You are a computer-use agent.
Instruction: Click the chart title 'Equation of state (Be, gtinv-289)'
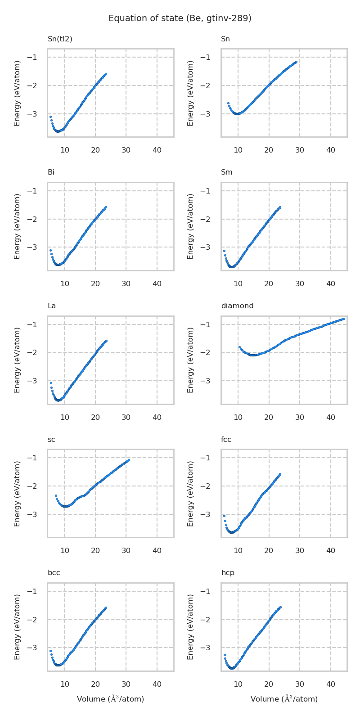pos(180,18)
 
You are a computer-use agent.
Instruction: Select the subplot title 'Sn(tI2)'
pos(60,39)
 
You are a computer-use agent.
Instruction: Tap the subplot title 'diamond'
pos(237,306)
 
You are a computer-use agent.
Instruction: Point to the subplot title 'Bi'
pos(51,172)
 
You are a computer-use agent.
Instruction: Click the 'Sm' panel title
pos(226,172)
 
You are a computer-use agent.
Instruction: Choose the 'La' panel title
pos(52,306)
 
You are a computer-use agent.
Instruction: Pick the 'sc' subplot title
pos(51,440)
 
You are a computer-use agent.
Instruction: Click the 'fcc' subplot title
pos(226,440)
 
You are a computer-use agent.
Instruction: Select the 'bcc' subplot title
pos(54,573)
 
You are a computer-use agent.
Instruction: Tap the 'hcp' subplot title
pos(227,573)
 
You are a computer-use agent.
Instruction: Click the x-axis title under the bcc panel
pos(110,699)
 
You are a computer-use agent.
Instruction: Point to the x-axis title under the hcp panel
pos(284,699)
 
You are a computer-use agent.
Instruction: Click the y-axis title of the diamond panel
pos(191,360)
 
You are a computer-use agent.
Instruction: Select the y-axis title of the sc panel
pos(17,493)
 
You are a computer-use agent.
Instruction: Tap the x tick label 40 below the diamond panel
pos(331,417)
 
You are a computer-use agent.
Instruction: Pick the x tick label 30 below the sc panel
pos(126,550)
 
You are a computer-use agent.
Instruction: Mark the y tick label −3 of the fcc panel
pos(206,514)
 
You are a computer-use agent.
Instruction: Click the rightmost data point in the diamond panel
pos(344,319)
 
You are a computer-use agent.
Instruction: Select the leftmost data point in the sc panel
pos(56,495)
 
